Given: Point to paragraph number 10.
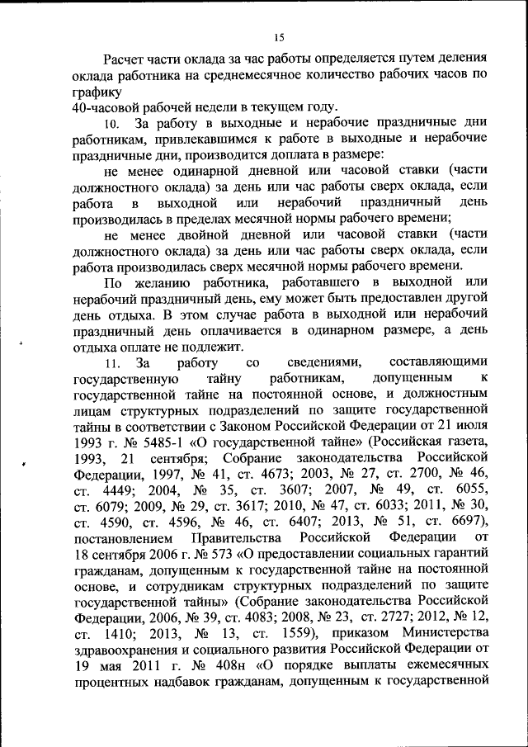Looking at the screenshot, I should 112,125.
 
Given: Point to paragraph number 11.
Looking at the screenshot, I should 112,363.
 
